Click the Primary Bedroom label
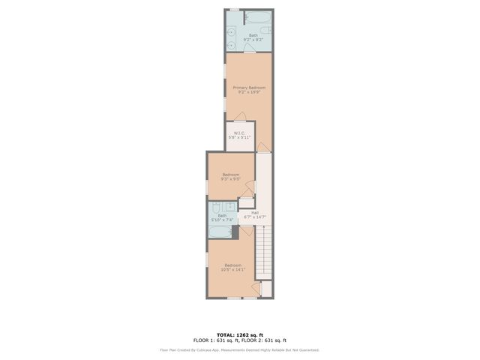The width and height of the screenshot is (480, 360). pos(249,89)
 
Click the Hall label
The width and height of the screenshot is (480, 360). pos(255,214)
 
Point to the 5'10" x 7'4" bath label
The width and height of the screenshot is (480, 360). pos(222,217)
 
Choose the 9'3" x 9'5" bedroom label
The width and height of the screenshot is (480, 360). pos(230,177)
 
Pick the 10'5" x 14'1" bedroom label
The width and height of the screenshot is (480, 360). pos(232,266)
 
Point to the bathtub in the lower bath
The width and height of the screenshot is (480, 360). pos(221,232)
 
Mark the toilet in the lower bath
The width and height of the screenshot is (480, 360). pos(216,208)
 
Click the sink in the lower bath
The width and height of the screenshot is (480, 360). pos(230,208)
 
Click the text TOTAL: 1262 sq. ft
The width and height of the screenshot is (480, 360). pos(240,334)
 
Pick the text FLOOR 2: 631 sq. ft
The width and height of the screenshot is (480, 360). pos(266,340)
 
